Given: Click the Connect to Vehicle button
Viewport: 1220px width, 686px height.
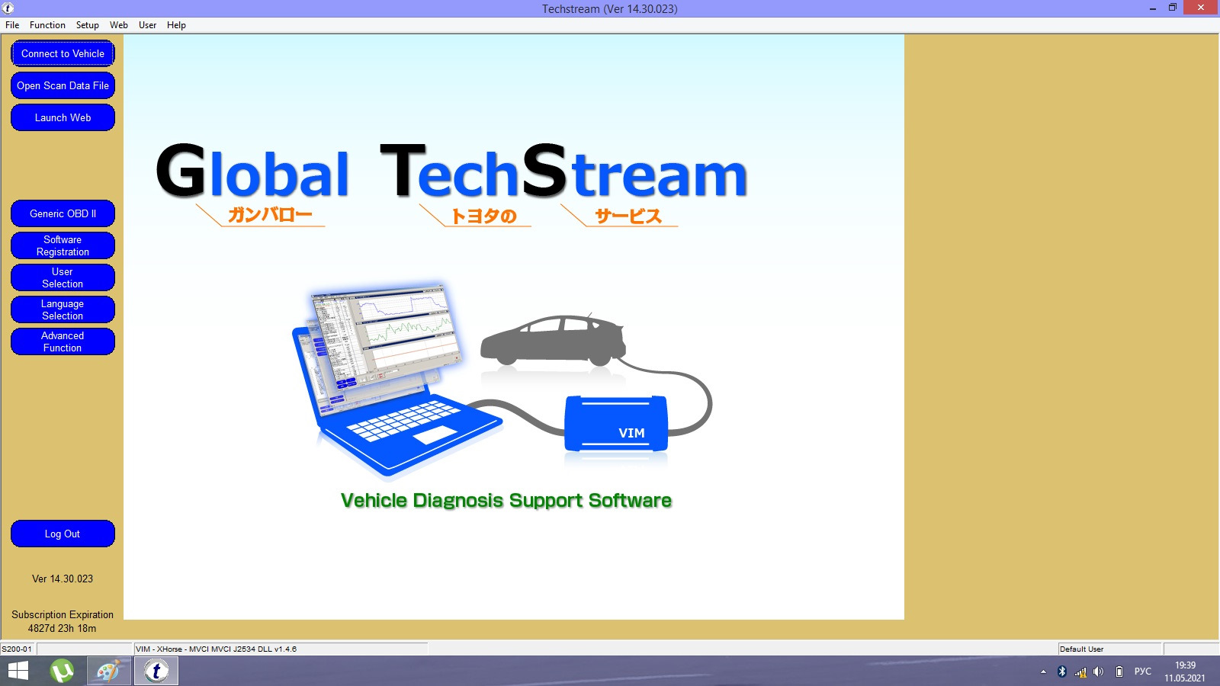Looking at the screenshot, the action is point(63,53).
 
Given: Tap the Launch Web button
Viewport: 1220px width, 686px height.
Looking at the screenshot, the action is point(63,117).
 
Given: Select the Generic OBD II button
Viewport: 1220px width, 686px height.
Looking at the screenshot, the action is point(63,213).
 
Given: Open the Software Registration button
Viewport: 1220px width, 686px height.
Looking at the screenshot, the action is point(63,245).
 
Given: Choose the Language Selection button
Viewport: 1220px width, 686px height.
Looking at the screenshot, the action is point(63,309).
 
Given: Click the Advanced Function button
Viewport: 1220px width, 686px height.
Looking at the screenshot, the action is point(63,342).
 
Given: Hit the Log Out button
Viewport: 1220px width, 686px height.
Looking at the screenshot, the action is point(63,534).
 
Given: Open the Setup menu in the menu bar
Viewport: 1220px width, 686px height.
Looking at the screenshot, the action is point(87,25).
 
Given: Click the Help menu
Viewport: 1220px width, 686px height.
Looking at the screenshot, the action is point(176,25).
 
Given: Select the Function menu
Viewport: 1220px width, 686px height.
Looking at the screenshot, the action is point(47,25).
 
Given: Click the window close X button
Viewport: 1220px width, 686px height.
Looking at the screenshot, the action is point(1201,8).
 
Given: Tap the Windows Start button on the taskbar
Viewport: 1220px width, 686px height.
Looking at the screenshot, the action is point(18,671).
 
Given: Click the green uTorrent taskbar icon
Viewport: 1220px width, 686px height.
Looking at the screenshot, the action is point(62,671).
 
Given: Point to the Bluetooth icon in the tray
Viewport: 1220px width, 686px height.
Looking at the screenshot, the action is point(1061,672).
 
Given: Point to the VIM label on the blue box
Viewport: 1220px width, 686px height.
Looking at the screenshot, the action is point(631,433).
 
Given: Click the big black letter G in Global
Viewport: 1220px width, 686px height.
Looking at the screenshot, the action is point(181,169).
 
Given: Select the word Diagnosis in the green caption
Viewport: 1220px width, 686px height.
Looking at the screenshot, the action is point(458,500).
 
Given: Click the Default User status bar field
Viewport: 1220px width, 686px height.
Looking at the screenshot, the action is point(1109,649).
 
